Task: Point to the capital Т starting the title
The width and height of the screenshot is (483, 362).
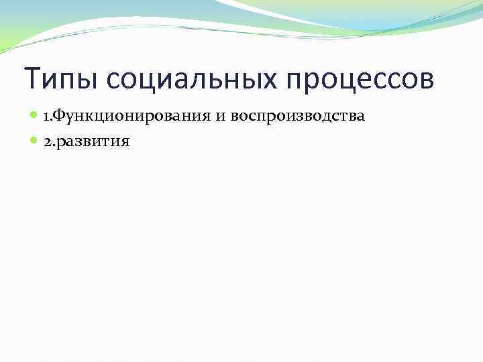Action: [x=32, y=80]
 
